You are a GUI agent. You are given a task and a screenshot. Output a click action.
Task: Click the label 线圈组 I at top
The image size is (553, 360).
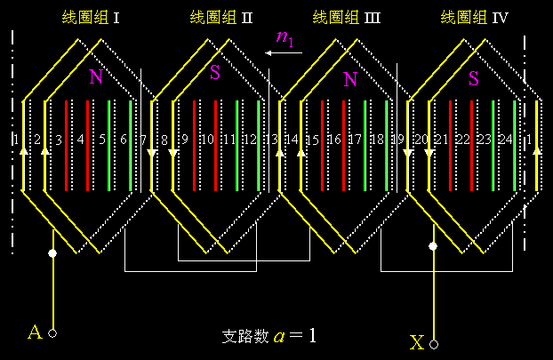(x=91, y=17)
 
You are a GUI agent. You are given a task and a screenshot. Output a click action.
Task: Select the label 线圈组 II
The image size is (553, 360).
(x=221, y=17)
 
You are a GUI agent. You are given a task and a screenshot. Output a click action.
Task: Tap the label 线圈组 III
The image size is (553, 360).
(x=347, y=17)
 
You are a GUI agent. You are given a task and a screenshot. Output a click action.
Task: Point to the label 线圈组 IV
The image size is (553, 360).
(x=474, y=17)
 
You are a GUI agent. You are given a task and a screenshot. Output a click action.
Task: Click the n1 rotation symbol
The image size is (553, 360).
(x=285, y=37)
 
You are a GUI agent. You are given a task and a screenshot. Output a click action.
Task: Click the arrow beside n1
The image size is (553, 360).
(x=284, y=53)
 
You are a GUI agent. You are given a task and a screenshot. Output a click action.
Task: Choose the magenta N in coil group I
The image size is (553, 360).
(x=95, y=77)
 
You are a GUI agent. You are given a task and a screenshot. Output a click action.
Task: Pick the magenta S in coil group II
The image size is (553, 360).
(x=215, y=74)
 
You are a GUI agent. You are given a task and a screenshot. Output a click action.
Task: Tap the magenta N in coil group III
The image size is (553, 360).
(x=350, y=80)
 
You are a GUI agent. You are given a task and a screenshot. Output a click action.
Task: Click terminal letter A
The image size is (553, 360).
(x=35, y=332)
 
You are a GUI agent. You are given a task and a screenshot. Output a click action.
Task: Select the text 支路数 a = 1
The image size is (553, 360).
(x=268, y=337)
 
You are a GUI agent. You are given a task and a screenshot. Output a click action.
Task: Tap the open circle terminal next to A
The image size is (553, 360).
(x=52, y=333)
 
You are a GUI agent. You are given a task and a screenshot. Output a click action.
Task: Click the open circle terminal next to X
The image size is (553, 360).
(x=435, y=342)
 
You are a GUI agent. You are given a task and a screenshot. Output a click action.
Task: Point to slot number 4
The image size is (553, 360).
(x=80, y=140)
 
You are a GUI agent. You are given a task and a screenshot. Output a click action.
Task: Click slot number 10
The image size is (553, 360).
(x=207, y=140)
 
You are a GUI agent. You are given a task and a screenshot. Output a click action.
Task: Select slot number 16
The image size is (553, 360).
(x=334, y=140)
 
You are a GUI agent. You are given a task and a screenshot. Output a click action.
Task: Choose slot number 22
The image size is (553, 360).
(x=462, y=140)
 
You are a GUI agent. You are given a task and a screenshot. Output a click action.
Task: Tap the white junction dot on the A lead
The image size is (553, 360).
(x=52, y=253)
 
